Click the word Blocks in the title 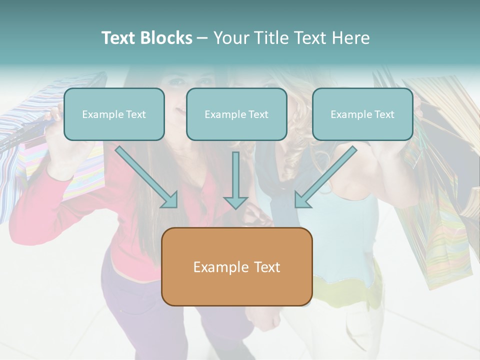pos(165,38)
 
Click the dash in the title pos(202,38)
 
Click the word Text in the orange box pos(266,267)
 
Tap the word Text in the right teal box pos(384,114)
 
